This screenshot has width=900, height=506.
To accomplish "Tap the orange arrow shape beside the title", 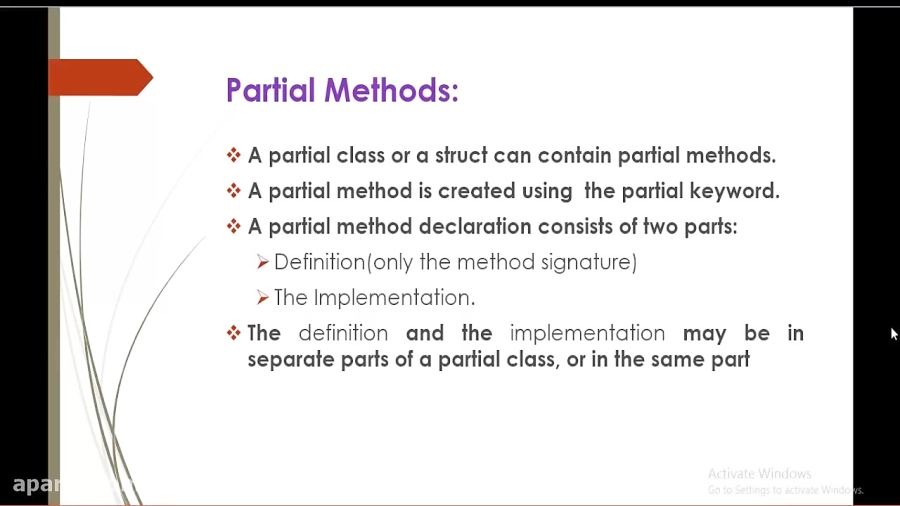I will [100, 78].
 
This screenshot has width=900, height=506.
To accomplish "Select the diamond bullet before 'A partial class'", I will [234, 155].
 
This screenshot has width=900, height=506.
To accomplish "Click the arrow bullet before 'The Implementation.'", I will [262, 298].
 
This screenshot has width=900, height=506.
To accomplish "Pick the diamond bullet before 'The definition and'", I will [234, 333].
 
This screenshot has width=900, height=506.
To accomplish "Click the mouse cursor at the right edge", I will [894, 334].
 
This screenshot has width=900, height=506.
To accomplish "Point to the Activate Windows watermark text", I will [759, 474].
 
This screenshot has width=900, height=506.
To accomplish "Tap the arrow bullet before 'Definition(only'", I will [262, 262].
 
